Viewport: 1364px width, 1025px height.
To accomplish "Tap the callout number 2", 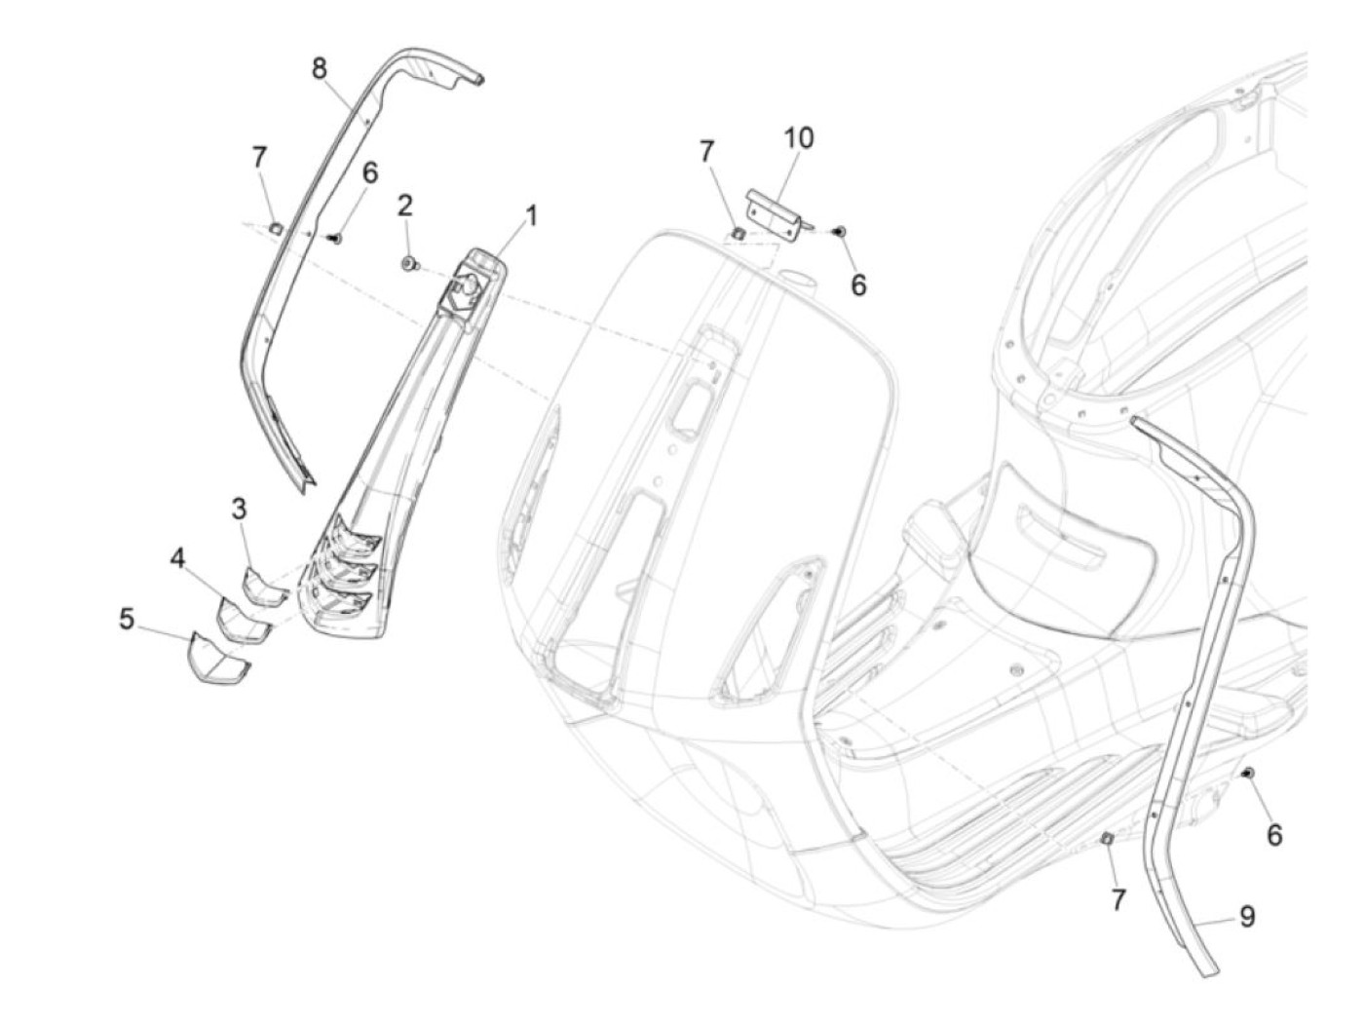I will click(x=404, y=205).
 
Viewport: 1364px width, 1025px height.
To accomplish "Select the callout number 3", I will click(x=239, y=509).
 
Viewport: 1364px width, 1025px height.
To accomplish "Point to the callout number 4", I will click(x=177, y=558).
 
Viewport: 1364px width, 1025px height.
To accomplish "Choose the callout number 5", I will click(x=127, y=619).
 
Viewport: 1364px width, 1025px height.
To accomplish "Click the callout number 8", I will click(x=320, y=68).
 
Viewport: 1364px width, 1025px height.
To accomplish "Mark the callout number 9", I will click(x=1247, y=916).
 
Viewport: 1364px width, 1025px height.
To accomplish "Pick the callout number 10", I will click(x=798, y=138).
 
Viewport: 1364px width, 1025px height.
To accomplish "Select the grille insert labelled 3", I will click(x=261, y=587).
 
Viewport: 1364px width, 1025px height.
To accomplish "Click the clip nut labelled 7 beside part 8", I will click(x=276, y=228).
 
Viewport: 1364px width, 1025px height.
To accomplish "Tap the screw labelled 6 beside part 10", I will click(x=841, y=231).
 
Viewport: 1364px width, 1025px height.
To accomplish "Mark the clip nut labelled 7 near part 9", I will click(x=1108, y=839).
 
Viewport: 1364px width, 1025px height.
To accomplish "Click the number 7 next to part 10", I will click(x=706, y=151).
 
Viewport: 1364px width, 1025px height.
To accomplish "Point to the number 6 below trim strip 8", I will click(x=369, y=173).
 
